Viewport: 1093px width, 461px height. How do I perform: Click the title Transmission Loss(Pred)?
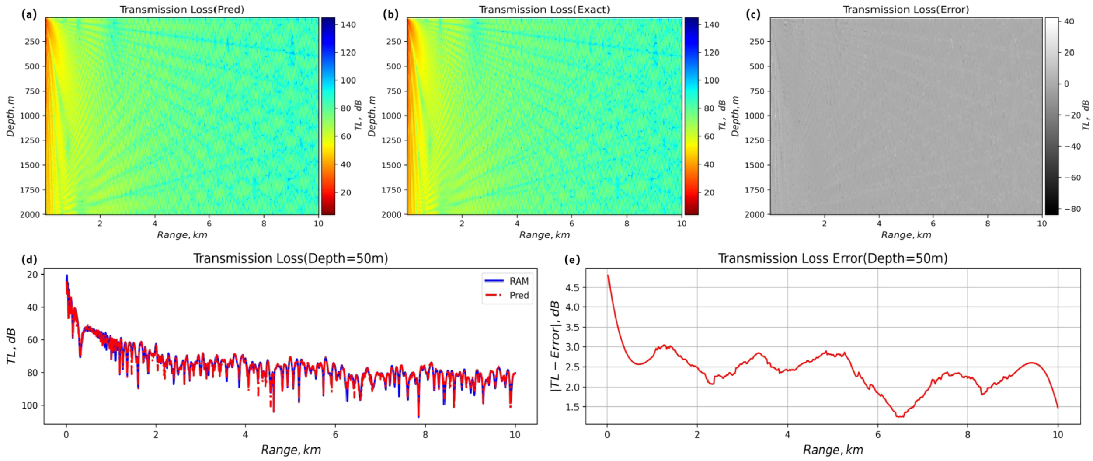pos(182,10)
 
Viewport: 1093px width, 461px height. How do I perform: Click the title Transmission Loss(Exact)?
pos(544,10)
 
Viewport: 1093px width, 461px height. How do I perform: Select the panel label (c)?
pos(753,14)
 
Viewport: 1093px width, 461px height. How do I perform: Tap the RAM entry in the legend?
pos(519,281)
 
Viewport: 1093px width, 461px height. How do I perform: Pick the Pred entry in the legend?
pos(519,295)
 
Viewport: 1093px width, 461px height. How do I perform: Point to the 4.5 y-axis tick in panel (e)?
pos(572,287)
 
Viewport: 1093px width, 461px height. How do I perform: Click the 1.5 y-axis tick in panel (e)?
pos(572,407)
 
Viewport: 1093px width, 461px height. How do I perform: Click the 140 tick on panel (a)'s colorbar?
pos(348,24)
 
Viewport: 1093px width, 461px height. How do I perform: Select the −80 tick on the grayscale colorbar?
pos(1072,209)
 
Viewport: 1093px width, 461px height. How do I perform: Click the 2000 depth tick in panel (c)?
pos(755,214)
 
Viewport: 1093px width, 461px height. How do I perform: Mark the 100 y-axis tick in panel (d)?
pos(30,405)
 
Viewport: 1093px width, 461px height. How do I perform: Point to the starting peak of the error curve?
pos(608,275)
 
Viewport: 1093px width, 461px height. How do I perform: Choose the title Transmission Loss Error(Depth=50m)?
pos(832,258)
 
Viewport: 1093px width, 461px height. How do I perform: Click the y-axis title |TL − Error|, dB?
pos(555,346)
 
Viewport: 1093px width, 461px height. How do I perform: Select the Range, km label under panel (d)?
pos(291,450)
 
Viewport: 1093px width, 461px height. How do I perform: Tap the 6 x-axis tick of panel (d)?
pos(335,435)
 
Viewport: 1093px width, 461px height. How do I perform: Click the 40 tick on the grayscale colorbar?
pos(1069,21)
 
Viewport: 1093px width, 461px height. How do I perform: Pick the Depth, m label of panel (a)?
pos(10,116)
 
